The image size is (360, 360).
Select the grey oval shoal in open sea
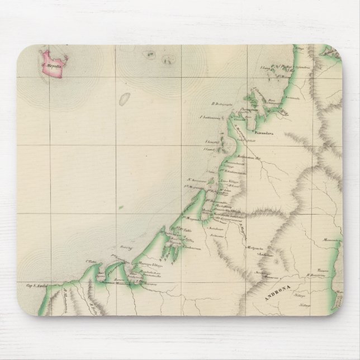[125, 100]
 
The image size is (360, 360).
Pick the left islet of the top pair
[149, 54]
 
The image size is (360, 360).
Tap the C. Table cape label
[91, 260]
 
